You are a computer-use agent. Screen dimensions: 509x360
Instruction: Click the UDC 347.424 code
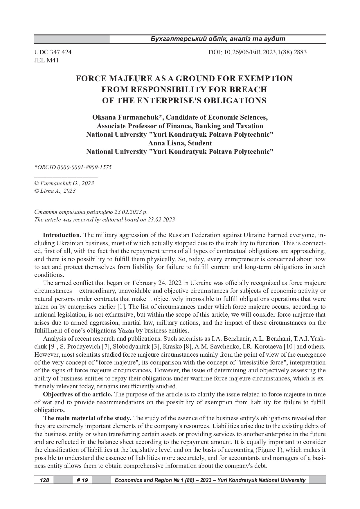[x=53, y=53]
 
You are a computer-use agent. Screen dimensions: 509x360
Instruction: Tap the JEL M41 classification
[x=46, y=61]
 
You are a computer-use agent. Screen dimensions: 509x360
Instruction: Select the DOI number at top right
[x=258, y=53]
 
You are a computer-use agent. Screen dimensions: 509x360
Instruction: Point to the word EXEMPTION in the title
[x=264, y=79]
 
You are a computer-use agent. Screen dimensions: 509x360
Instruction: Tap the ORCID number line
[x=73, y=167]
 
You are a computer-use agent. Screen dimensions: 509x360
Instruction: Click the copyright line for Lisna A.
[x=55, y=191]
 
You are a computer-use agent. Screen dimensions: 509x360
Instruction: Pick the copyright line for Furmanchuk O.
[x=64, y=183]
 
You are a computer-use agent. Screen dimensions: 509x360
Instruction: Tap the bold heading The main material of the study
[x=87, y=418]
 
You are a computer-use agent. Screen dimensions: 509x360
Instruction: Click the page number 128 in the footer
[x=44, y=480]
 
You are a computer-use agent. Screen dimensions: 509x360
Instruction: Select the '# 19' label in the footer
[x=82, y=480]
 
